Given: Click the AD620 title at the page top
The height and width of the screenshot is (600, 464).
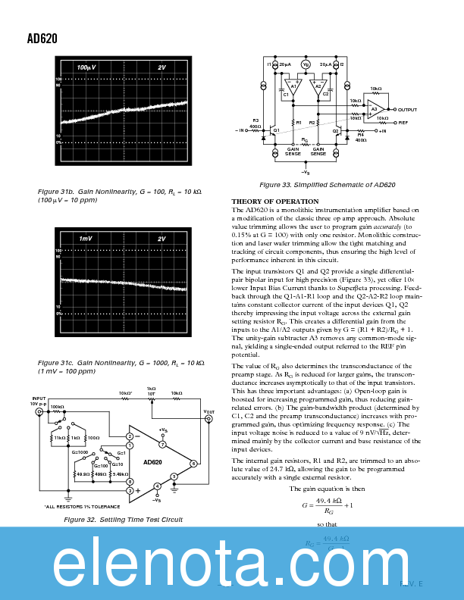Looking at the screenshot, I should [42, 39].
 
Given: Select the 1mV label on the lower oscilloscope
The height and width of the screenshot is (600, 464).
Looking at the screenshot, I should [86, 239].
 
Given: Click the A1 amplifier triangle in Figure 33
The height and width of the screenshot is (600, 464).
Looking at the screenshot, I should [293, 87].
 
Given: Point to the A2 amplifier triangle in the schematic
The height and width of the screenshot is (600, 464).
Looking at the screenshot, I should [318, 87].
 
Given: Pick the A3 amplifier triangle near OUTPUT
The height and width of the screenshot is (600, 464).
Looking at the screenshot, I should [375, 111].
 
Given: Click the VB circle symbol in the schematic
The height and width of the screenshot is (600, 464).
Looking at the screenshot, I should [306, 65].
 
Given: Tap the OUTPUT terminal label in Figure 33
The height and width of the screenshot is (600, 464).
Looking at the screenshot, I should [407, 110].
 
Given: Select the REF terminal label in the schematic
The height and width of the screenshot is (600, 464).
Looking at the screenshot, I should [403, 122].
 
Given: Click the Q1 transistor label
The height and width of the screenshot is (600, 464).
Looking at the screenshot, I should [277, 130].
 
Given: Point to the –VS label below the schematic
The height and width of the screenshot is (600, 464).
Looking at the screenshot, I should [305, 172].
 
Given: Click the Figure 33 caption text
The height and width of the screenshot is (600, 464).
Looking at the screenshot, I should [327, 185].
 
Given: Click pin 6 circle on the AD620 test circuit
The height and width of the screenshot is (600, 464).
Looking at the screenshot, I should [193, 463].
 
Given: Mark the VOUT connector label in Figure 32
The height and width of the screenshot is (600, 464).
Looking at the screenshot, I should [209, 413].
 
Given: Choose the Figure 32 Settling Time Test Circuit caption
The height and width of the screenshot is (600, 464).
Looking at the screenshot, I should [123, 520].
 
